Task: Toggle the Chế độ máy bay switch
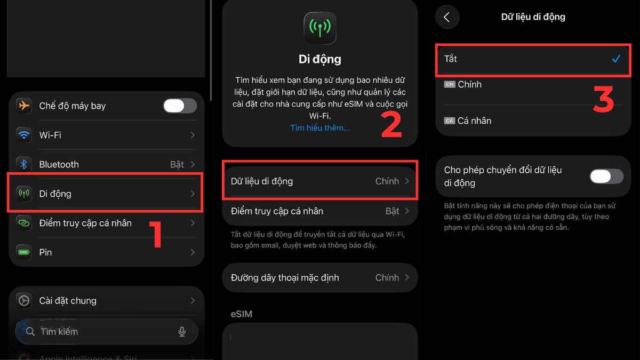tap(180, 106)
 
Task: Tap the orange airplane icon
tap(24, 106)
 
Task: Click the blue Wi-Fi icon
tap(24, 135)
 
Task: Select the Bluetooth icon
tap(24, 164)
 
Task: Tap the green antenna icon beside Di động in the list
tap(24, 194)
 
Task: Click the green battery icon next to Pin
tap(24, 252)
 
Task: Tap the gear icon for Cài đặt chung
tap(24, 301)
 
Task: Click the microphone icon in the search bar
tap(182, 331)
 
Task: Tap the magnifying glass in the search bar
tap(30, 331)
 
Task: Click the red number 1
tap(156, 234)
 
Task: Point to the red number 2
tap(391, 124)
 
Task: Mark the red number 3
tap(603, 99)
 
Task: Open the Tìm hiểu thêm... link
tap(320, 127)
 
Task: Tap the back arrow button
tap(447, 17)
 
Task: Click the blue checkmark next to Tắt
tap(616, 59)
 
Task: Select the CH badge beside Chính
tap(450, 84)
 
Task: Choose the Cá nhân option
tap(474, 121)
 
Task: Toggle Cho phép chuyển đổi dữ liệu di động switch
tap(606, 177)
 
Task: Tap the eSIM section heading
tap(242, 314)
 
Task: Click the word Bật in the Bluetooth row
tap(177, 164)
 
